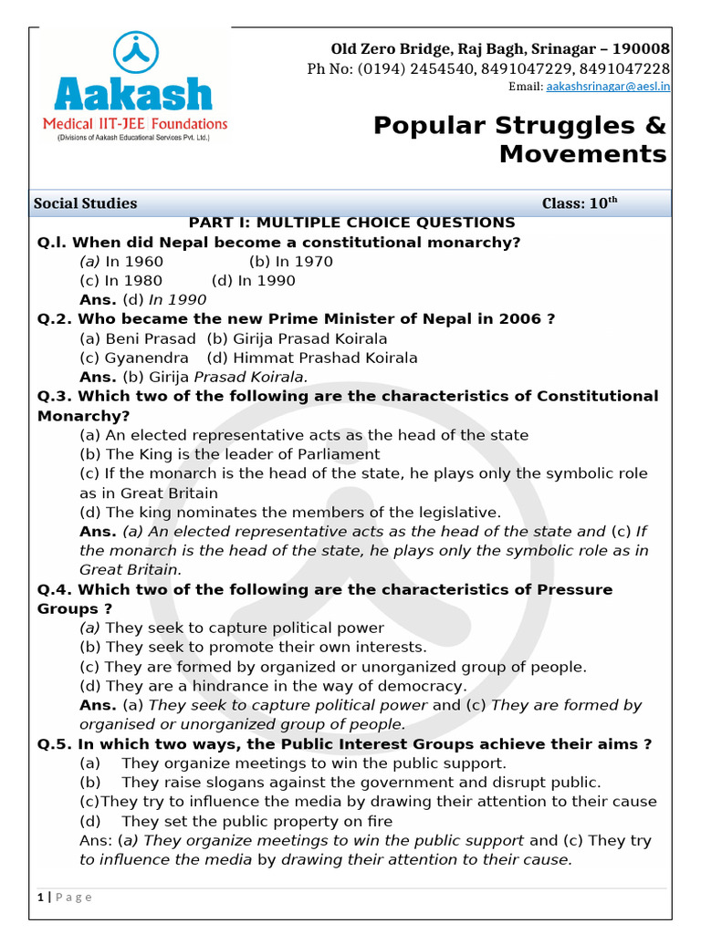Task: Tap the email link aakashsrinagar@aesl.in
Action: point(608,87)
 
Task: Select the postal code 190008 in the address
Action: point(641,48)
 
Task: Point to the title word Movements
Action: point(582,154)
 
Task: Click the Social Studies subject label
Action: point(85,203)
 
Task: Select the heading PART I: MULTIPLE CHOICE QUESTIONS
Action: point(351,223)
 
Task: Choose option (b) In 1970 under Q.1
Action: point(290,262)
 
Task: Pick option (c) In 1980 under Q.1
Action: point(121,281)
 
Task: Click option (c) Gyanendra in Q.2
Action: point(134,358)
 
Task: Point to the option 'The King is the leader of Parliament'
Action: point(230,454)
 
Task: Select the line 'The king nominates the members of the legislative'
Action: point(290,512)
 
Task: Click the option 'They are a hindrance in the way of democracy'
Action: point(273,686)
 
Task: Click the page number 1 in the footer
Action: point(41,897)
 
